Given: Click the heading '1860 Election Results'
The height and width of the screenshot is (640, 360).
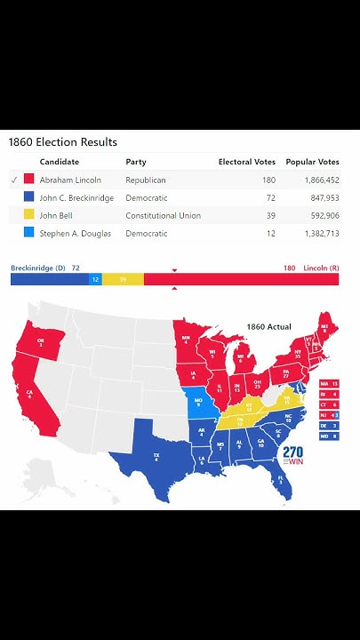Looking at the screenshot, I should click(x=63, y=142).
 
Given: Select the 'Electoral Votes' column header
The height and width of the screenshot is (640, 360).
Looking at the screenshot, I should click(x=246, y=163).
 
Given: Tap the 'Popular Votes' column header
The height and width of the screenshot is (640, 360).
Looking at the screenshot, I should click(x=312, y=163).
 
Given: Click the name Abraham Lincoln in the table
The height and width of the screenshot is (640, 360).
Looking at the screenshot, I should click(x=70, y=180).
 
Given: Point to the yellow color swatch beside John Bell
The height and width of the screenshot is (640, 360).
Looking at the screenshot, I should click(x=29, y=216).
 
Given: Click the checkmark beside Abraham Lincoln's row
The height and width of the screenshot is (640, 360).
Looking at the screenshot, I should click(x=13, y=180).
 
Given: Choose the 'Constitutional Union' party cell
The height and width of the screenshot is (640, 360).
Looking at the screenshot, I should click(x=163, y=216).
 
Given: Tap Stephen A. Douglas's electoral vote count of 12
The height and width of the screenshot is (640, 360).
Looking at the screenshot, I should click(x=268, y=234).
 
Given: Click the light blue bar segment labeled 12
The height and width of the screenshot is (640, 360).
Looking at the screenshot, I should click(x=95, y=280).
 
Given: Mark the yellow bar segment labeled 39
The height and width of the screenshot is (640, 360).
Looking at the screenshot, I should click(x=123, y=280).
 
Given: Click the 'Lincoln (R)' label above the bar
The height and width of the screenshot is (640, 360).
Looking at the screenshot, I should click(x=321, y=268).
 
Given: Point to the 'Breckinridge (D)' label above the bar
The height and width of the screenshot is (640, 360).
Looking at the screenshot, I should click(x=38, y=268).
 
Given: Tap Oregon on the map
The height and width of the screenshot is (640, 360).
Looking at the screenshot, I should click(x=41, y=342).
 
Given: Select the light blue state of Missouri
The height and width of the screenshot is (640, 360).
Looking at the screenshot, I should click(x=198, y=404).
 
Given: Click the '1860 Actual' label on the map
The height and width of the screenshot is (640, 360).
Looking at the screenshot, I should click(x=268, y=327).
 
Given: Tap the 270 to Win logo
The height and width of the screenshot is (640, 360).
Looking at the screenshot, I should click(x=292, y=454).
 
